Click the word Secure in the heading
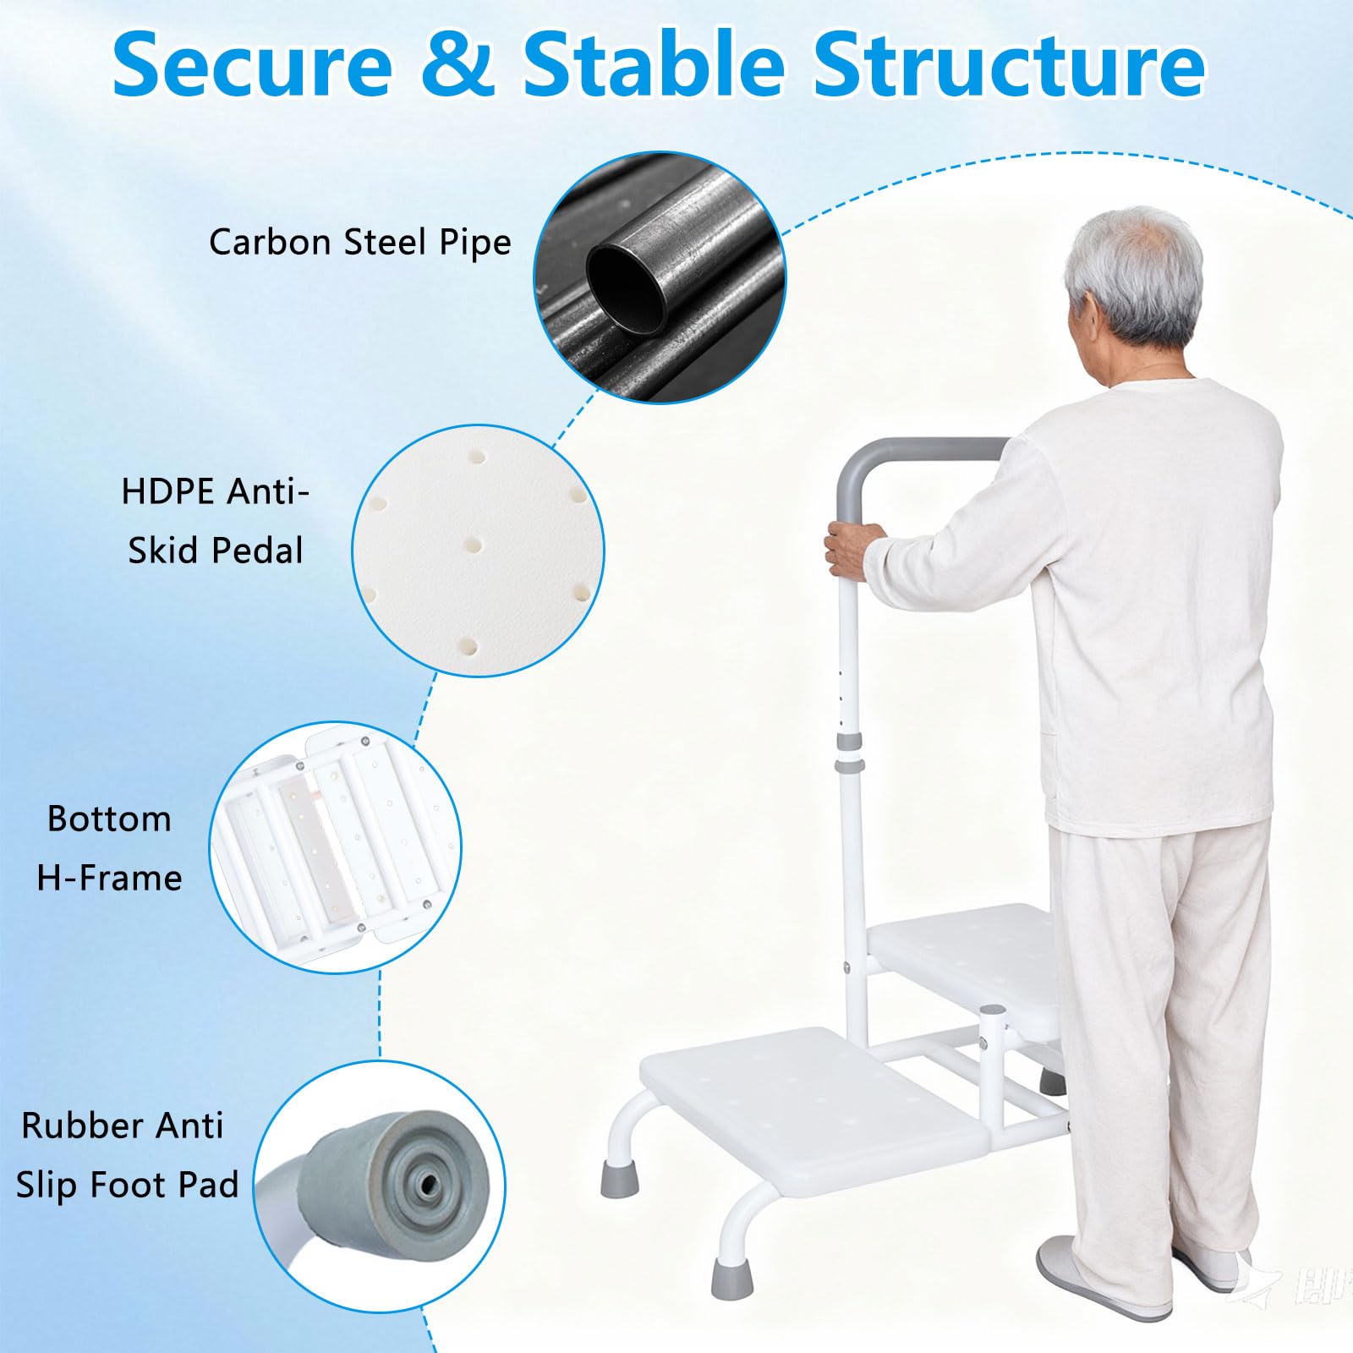click(x=253, y=64)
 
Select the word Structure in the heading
click(x=1009, y=64)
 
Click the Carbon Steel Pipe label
click(x=360, y=243)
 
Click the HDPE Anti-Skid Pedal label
click(x=216, y=520)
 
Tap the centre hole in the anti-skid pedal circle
click(x=474, y=545)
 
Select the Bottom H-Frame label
click(x=109, y=848)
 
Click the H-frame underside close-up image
click(x=335, y=847)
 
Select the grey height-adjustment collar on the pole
click(x=850, y=753)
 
